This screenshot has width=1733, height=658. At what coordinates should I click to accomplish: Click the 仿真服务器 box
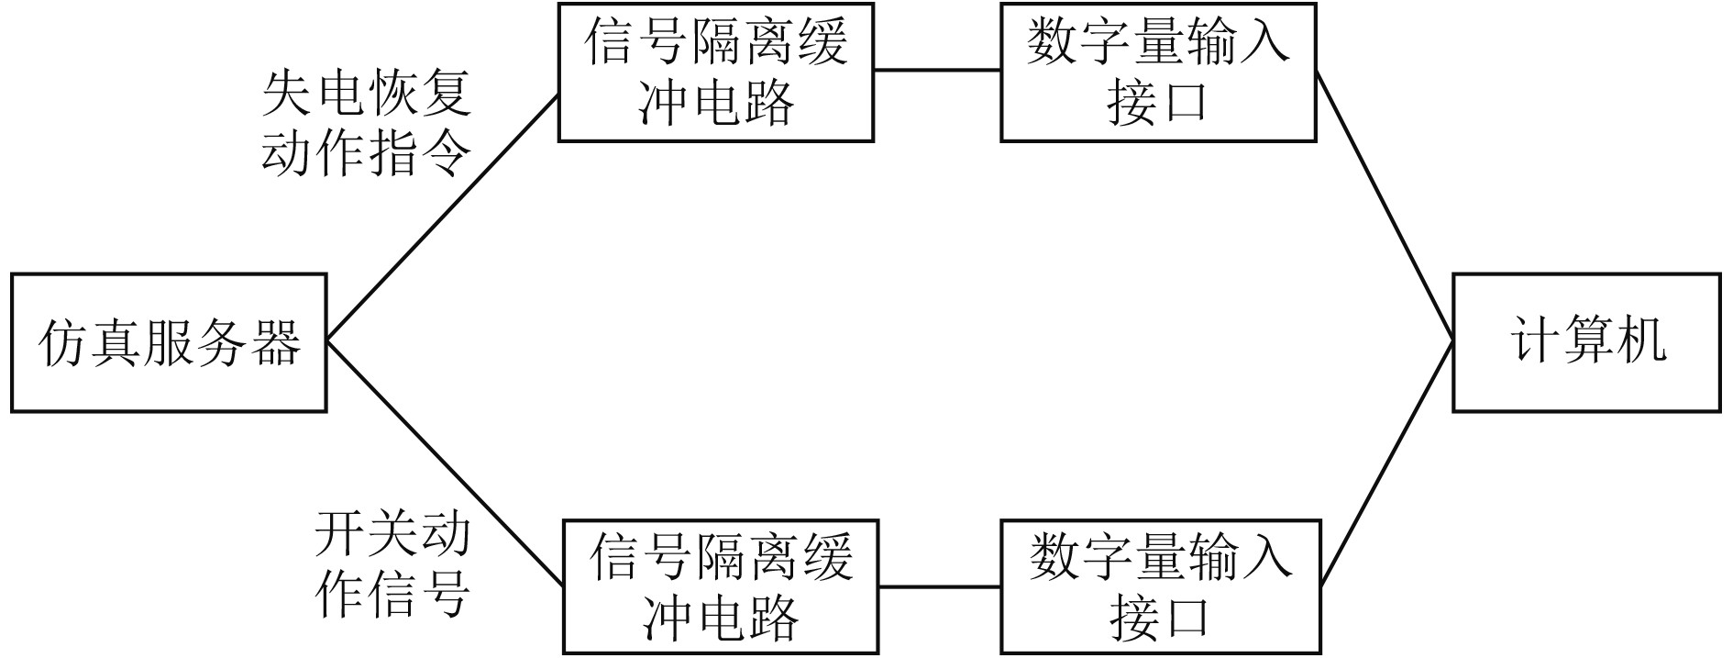(x=169, y=342)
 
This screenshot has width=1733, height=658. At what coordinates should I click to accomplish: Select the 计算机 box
(x=1586, y=342)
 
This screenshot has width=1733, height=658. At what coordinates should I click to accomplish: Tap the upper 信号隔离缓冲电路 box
(x=716, y=72)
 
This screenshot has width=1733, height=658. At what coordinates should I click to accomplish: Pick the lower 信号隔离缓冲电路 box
(x=721, y=587)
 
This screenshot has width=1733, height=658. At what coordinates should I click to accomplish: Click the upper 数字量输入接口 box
(x=1158, y=72)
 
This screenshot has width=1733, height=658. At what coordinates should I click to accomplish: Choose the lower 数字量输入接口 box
(x=1160, y=587)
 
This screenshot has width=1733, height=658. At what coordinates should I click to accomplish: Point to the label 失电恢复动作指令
(x=367, y=123)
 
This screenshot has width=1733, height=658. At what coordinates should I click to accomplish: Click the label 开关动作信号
(x=392, y=563)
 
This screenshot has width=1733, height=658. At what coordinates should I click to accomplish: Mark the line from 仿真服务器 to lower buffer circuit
(x=445, y=463)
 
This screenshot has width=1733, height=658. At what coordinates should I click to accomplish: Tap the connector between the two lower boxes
(x=940, y=586)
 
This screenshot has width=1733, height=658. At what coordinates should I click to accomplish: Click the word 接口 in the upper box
(x=1158, y=103)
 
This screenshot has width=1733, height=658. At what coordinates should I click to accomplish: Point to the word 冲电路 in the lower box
(x=721, y=617)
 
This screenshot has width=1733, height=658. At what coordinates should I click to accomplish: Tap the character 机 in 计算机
(x=1641, y=342)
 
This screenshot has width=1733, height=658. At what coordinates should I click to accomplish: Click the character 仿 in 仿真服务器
(x=64, y=344)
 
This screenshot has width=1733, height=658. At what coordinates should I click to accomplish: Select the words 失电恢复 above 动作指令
(x=367, y=94)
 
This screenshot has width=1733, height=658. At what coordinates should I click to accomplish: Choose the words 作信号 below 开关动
(x=392, y=594)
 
